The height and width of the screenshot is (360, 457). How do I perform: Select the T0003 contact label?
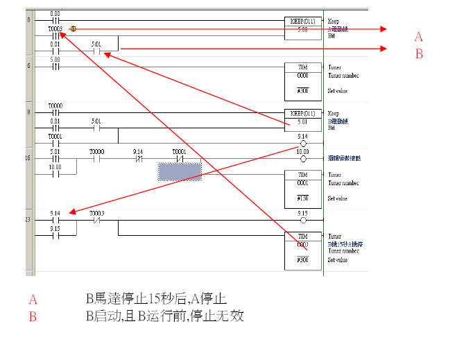[x=55, y=28]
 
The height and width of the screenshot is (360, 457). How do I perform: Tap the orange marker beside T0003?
[x=74, y=29]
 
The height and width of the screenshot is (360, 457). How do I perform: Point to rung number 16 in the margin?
[x=28, y=159]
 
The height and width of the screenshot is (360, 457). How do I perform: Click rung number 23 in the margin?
[x=28, y=220]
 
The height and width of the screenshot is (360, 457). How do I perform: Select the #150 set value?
[x=303, y=199]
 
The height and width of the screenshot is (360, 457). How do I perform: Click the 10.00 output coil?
[x=303, y=158]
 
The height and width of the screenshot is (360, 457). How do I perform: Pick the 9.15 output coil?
[x=303, y=220]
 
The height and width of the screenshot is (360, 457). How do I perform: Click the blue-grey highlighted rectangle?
[x=180, y=171]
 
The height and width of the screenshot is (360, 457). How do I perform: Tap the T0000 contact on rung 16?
[x=97, y=158]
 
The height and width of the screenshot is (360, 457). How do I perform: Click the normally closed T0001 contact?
[x=180, y=158]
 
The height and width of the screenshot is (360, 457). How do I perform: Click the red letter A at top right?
[x=418, y=37]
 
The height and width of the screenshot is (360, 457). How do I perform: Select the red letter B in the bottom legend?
[x=32, y=317]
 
